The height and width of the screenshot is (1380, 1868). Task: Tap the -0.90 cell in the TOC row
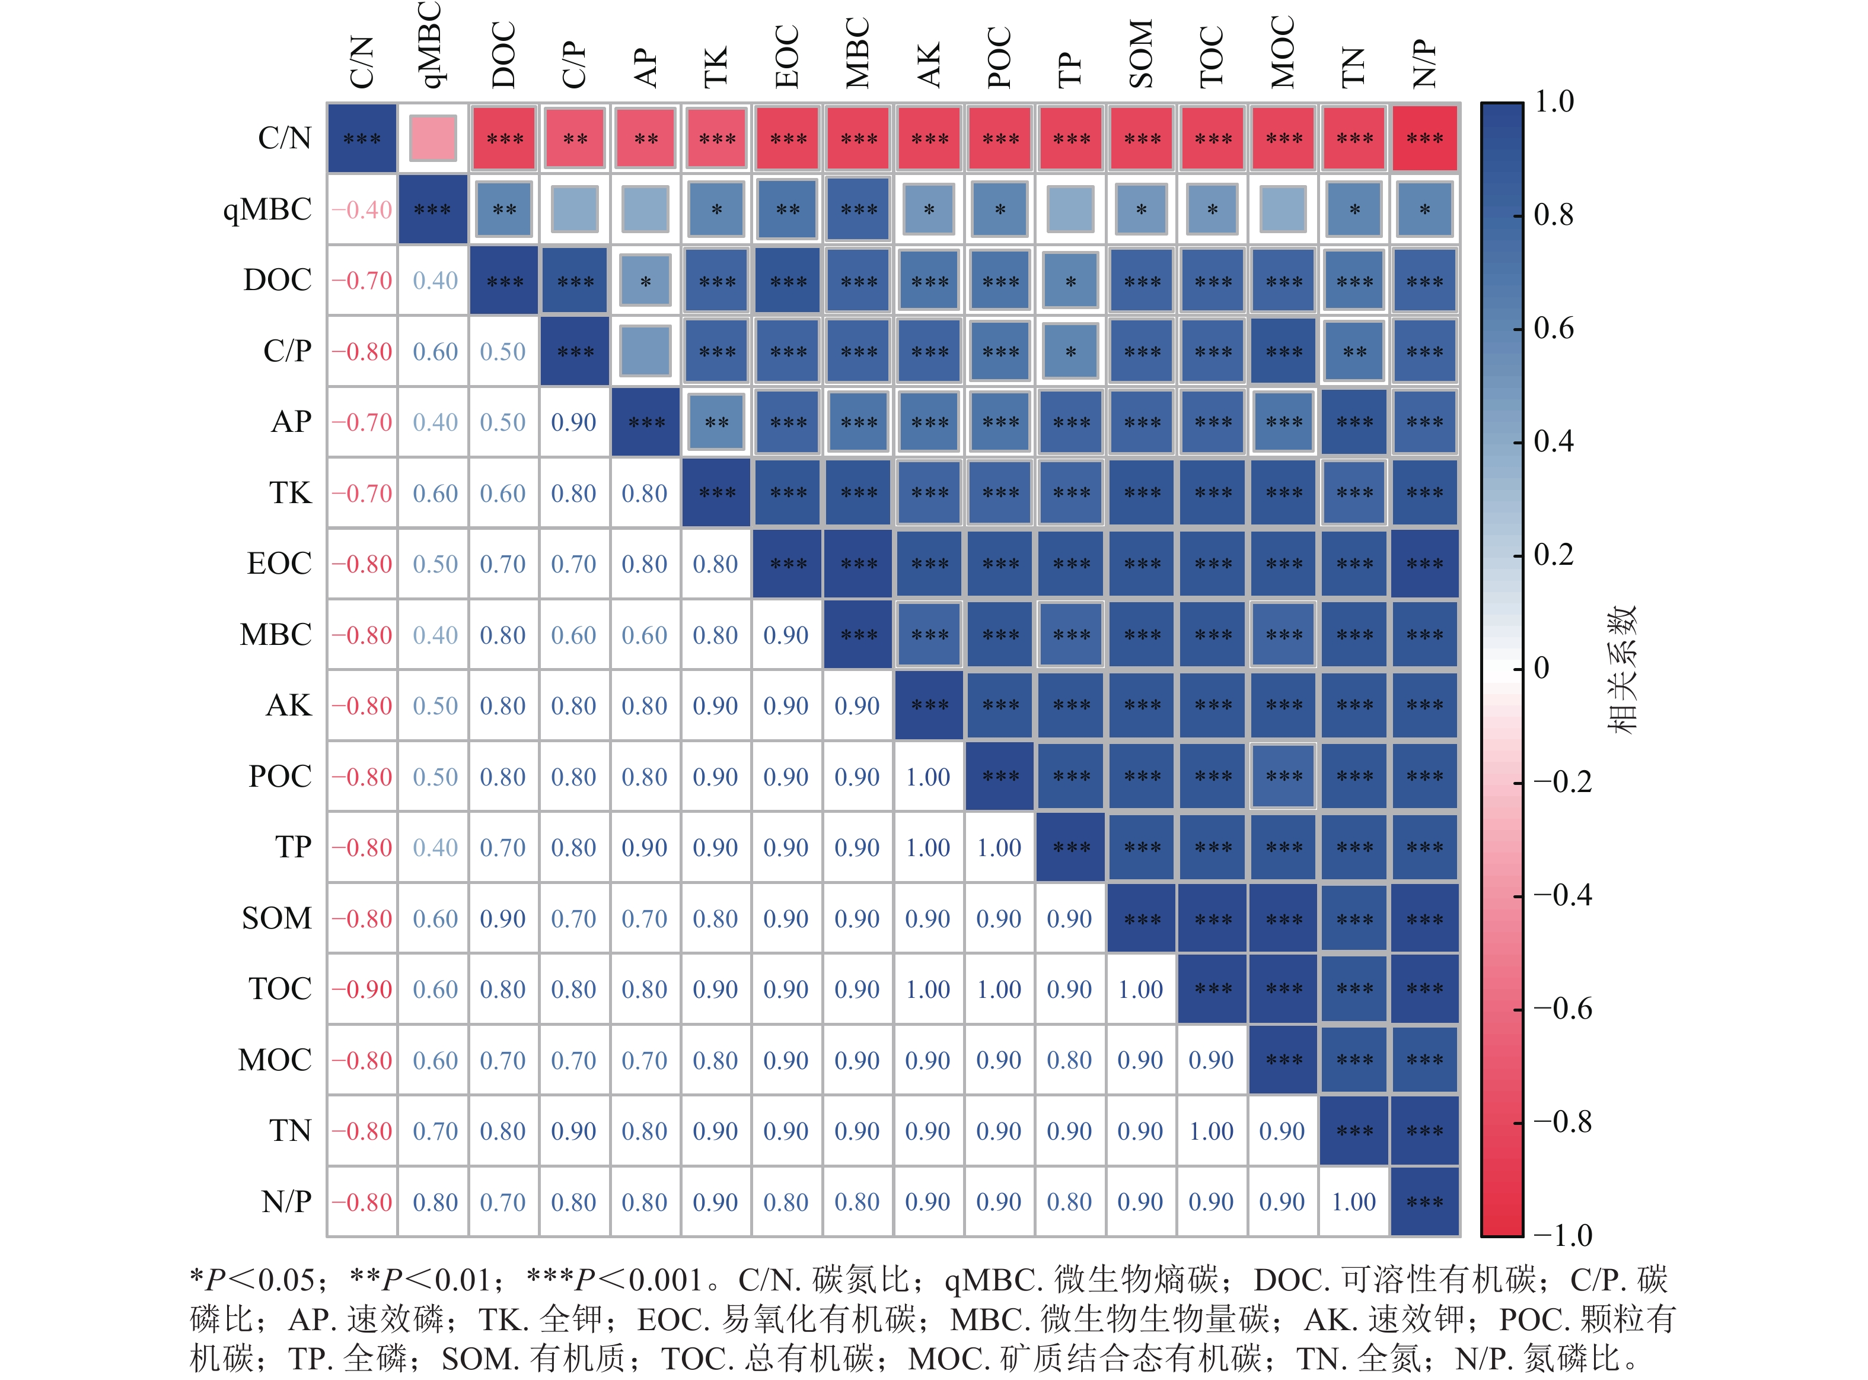click(362, 989)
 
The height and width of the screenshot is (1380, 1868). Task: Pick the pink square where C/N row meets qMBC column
click(432, 138)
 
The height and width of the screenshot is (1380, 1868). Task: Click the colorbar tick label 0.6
click(1553, 327)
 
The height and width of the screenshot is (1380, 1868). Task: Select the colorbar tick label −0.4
click(1561, 895)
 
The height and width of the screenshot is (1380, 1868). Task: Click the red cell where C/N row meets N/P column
click(1424, 138)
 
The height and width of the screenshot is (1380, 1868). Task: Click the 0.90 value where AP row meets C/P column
click(573, 422)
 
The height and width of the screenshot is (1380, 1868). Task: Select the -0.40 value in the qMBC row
click(362, 209)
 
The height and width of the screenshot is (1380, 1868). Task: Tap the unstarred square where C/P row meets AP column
click(645, 351)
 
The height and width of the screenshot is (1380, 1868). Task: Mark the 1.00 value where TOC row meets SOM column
click(1141, 989)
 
